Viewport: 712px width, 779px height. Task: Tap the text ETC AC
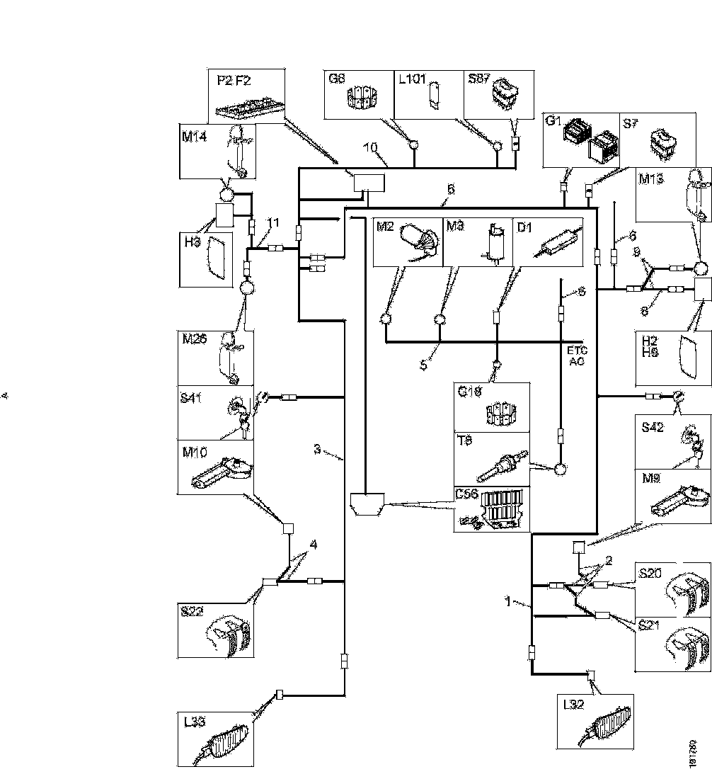578,356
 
